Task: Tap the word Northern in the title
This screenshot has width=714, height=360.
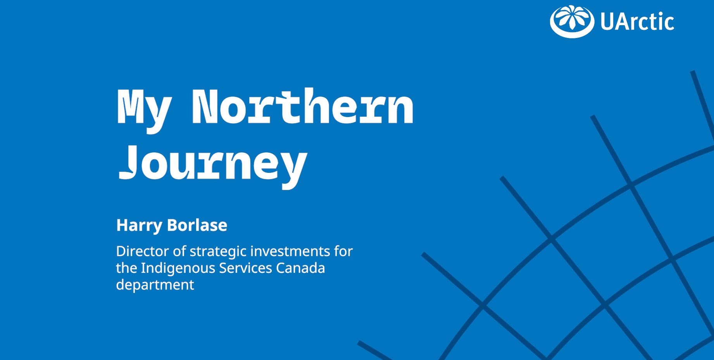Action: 303,106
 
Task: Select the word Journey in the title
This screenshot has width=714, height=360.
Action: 213,166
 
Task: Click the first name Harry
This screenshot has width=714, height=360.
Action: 139,226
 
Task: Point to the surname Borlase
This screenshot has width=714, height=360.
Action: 197,225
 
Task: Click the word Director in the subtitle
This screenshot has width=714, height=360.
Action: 143,251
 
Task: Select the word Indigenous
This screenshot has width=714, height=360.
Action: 178,268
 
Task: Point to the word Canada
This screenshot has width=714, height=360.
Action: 300,268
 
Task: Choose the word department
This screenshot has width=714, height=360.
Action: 155,285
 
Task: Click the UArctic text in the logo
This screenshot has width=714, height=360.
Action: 637,21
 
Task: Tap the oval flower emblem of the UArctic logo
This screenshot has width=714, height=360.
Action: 572,21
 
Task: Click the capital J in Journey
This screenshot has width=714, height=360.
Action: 128,162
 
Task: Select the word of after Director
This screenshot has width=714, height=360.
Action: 179,251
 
